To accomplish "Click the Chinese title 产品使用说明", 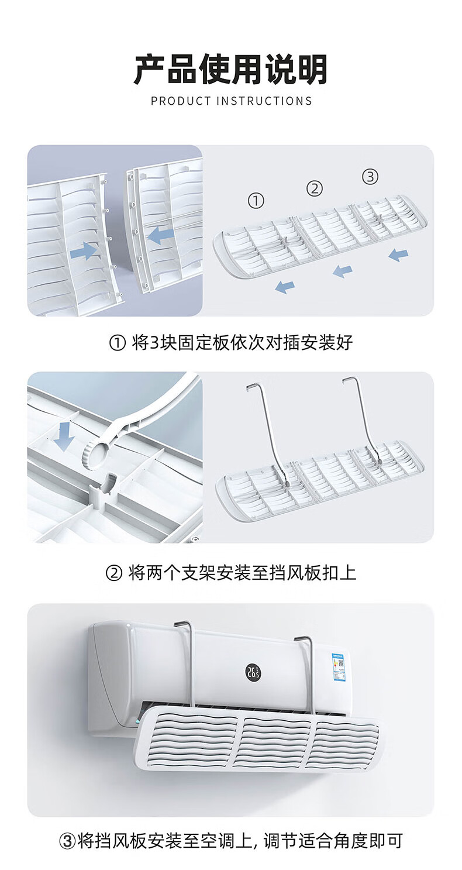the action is click(230, 70).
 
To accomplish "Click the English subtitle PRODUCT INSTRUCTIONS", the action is click(232, 101).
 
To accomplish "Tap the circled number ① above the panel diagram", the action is click(256, 201).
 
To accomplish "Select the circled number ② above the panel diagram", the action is click(315, 189).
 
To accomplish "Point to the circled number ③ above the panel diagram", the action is click(370, 177).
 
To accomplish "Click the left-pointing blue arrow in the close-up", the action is click(160, 235).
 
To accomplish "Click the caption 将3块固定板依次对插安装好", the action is click(242, 343).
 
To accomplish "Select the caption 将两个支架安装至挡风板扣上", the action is click(242, 573).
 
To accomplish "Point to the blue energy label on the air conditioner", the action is click(339, 666).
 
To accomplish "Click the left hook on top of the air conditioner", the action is click(183, 625).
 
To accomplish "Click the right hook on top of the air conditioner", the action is click(304, 638).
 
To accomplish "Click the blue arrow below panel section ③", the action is click(398, 255).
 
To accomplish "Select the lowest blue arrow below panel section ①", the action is click(285, 287).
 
